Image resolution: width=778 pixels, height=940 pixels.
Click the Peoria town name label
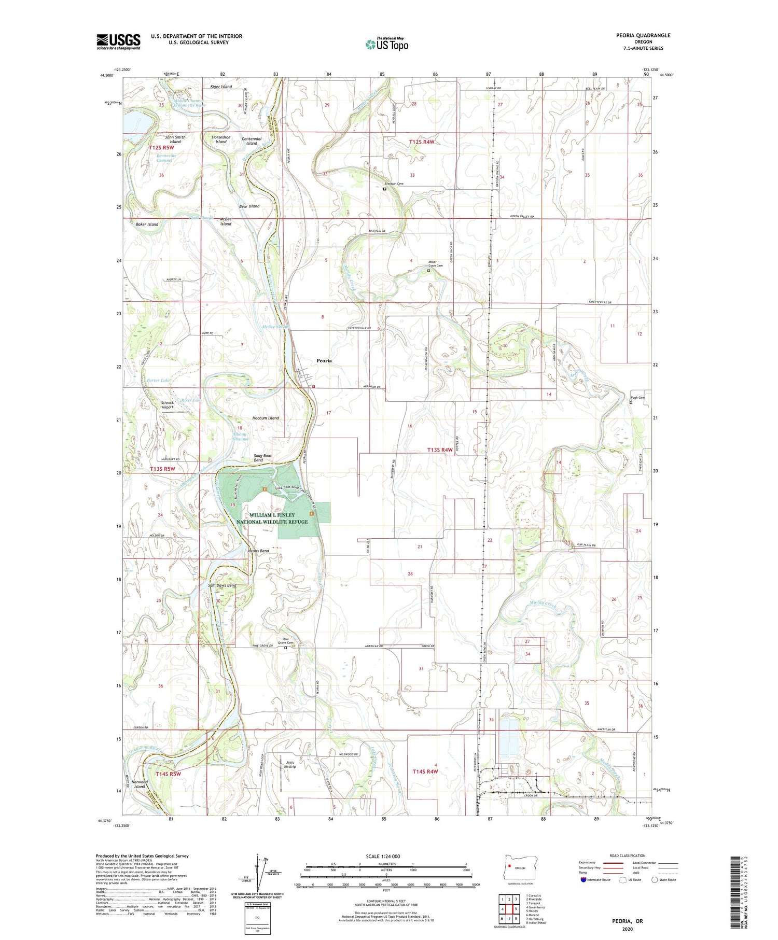point(324,360)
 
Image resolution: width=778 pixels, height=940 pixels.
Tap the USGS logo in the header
point(118,41)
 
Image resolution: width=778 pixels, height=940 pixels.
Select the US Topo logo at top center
point(386,44)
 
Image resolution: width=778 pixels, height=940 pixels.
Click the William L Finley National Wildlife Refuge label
point(272,518)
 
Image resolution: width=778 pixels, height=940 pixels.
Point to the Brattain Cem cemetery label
point(394,184)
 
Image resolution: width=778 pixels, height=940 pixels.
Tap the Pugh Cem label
point(637,398)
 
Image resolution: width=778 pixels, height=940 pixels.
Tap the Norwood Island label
point(140,784)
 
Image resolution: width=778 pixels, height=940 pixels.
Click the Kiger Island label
point(221,87)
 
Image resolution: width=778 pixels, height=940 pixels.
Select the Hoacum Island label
point(266,418)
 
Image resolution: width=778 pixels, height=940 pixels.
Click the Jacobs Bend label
point(258,551)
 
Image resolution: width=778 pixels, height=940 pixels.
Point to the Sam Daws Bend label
point(222,585)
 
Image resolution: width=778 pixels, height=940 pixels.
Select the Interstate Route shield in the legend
point(584,880)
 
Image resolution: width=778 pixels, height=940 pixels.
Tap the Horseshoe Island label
point(221,139)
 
